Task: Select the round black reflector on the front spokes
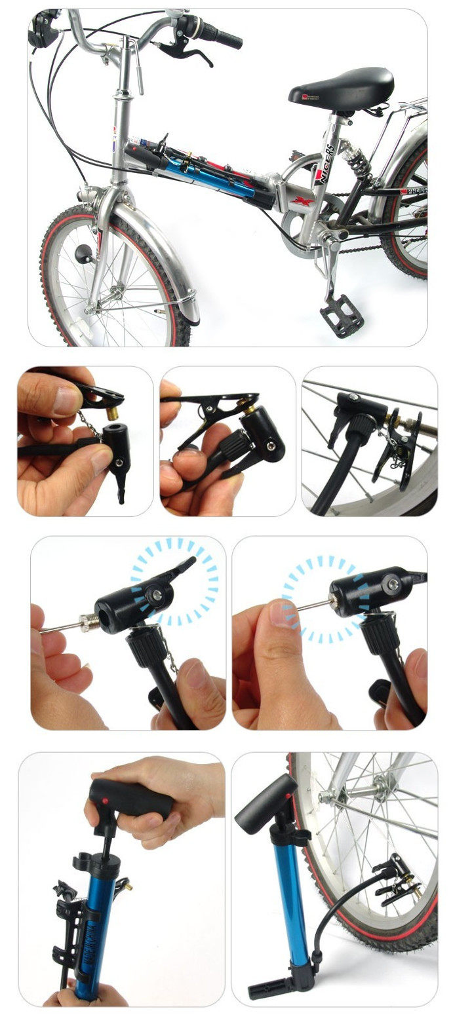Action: tap(85, 253)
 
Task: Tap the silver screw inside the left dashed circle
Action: tap(158, 594)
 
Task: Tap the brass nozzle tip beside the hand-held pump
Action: tap(129, 886)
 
